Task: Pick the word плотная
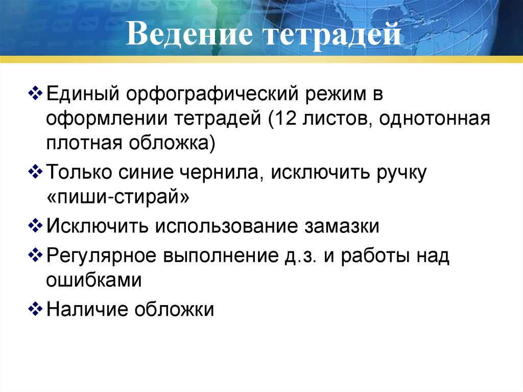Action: pos(80,144)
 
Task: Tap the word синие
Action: pos(146,172)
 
